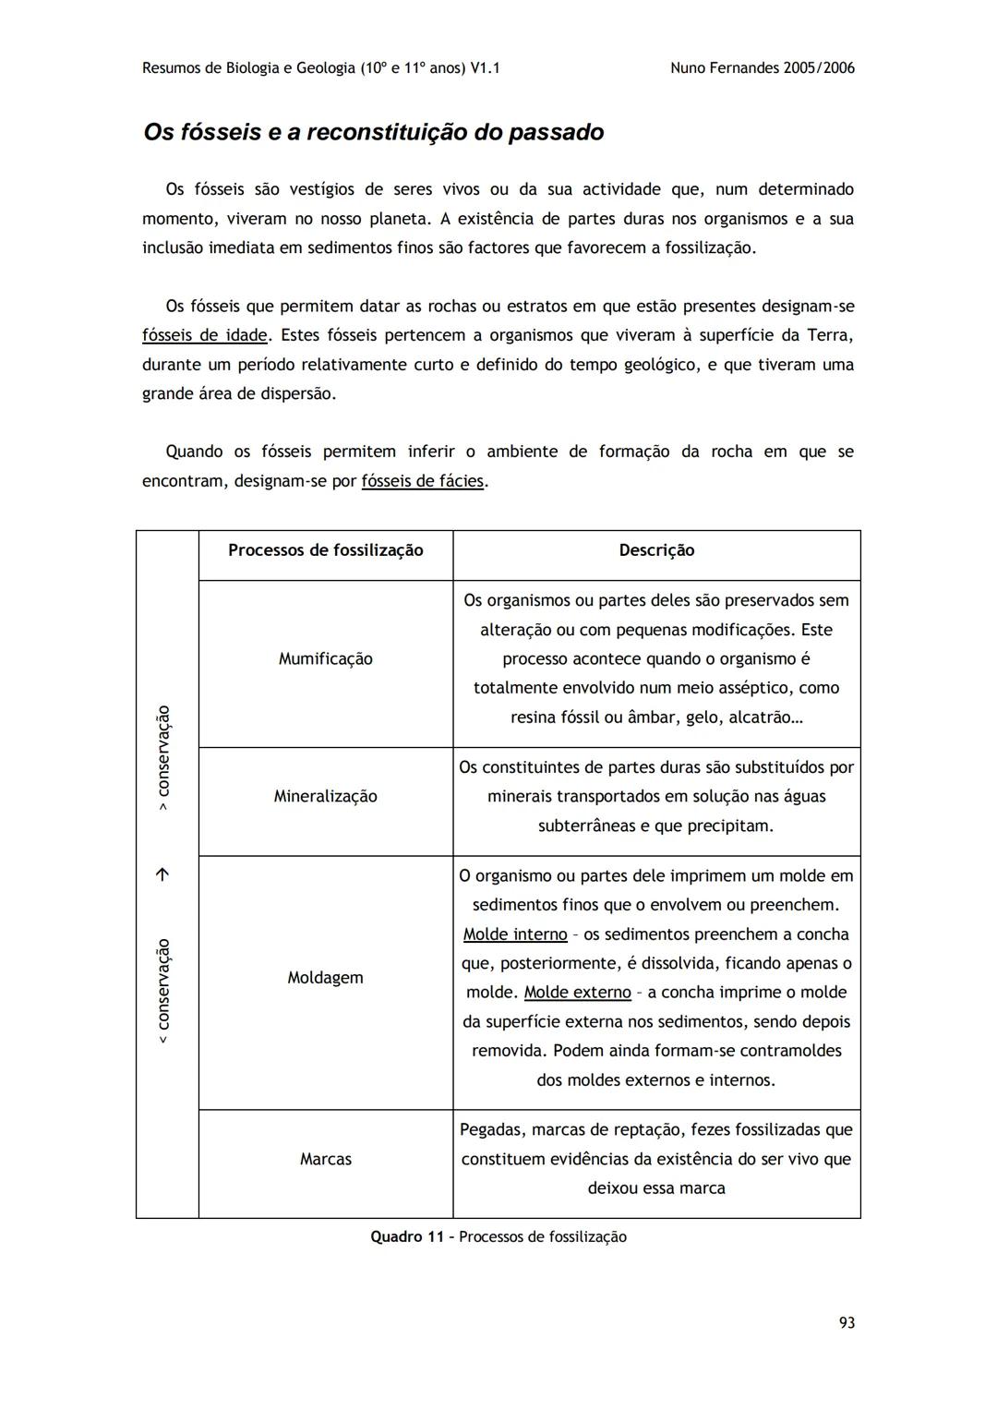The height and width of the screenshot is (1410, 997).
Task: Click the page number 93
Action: tap(846, 1323)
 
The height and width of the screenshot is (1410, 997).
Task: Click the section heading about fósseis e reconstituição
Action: tap(373, 132)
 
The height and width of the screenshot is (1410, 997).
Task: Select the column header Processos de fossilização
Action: tap(325, 550)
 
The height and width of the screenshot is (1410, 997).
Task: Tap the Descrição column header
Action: tap(656, 550)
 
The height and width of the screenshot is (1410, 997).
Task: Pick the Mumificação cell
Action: tap(325, 658)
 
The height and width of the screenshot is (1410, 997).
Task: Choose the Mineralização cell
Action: tap(325, 796)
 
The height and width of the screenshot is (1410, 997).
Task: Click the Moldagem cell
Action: tap(325, 977)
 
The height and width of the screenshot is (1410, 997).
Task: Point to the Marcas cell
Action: tap(325, 1159)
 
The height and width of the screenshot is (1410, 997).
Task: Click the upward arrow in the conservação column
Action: tap(163, 874)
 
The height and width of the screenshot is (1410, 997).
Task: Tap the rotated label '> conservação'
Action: tap(163, 758)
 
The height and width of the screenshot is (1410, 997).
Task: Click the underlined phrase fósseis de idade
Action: tap(205, 335)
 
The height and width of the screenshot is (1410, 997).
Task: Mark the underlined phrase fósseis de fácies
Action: tap(423, 481)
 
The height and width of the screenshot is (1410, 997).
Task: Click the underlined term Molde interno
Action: tap(515, 934)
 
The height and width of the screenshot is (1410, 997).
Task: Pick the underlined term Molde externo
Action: tap(577, 993)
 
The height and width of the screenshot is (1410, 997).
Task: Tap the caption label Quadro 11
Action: tap(407, 1237)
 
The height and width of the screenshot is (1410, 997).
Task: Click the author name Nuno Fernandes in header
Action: tap(725, 68)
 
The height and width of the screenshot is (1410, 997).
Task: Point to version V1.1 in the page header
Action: tap(485, 68)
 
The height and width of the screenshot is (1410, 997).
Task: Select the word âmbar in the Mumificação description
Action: tap(652, 717)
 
